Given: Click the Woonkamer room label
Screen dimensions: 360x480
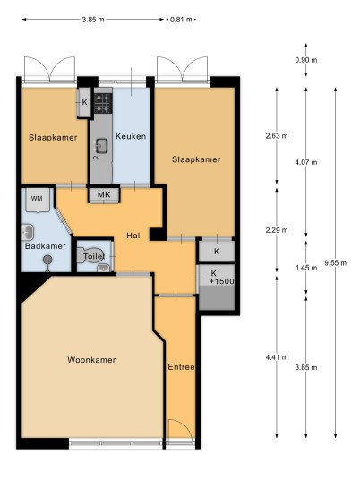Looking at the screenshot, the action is (91, 360).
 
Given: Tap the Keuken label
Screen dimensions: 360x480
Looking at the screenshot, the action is (131, 136).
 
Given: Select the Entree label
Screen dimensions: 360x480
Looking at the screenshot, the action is (181, 367).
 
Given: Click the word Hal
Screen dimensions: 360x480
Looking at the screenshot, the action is (133, 236).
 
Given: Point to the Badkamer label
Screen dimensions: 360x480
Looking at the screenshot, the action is (46, 246).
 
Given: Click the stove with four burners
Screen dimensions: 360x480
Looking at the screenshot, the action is (103, 103).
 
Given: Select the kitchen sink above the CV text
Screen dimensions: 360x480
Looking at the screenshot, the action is (101, 145).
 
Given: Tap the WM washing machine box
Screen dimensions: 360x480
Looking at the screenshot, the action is (37, 200).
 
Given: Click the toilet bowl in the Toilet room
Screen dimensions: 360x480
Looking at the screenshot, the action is (91, 255).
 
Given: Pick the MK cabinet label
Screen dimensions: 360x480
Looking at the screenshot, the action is (104, 194).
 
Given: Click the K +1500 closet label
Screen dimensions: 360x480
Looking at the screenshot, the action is (221, 277).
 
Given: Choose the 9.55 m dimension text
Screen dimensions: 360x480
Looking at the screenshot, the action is (336, 262).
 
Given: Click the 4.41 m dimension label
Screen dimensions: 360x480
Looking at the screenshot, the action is (277, 357).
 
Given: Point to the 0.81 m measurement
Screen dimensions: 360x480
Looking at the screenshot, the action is (181, 20).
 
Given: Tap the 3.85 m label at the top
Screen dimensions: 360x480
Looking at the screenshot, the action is (93, 20).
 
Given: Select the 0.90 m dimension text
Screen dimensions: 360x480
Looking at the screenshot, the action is (306, 60).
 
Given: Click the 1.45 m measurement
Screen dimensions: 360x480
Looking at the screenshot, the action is (306, 268).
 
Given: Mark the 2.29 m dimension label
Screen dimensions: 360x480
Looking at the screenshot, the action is (277, 230).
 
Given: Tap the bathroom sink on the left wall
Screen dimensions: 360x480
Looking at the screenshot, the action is (28, 232).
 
